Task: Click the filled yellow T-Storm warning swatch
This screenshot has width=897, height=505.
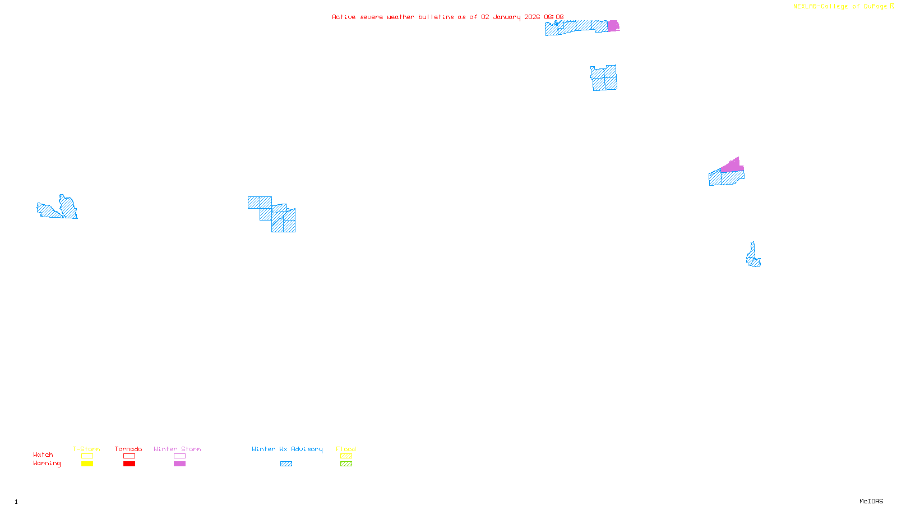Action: pyautogui.click(x=87, y=464)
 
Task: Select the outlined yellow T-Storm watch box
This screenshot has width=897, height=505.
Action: pyautogui.click(x=87, y=456)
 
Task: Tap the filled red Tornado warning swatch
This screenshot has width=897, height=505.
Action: pyautogui.click(x=129, y=464)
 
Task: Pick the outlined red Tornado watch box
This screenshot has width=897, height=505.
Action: pyautogui.click(x=129, y=456)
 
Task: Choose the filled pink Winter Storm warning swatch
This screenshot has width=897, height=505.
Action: pyautogui.click(x=179, y=464)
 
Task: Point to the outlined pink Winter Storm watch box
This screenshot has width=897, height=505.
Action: pyautogui.click(x=179, y=456)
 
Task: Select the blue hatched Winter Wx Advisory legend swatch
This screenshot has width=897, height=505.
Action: pyautogui.click(x=286, y=464)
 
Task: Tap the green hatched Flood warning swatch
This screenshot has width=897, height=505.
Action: pyautogui.click(x=346, y=464)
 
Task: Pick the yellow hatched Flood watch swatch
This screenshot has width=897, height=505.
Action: pyautogui.click(x=346, y=456)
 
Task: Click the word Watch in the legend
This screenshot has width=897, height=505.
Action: pyautogui.click(x=43, y=455)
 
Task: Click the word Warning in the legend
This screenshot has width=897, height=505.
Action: pyautogui.click(x=47, y=463)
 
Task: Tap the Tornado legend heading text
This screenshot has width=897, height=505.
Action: pyautogui.click(x=128, y=449)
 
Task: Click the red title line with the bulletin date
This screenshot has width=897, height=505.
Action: pyautogui.click(x=447, y=17)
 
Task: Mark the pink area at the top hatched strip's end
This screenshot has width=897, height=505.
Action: pyautogui.click(x=613, y=26)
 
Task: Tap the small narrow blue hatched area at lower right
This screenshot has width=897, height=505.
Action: pyautogui.click(x=753, y=257)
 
